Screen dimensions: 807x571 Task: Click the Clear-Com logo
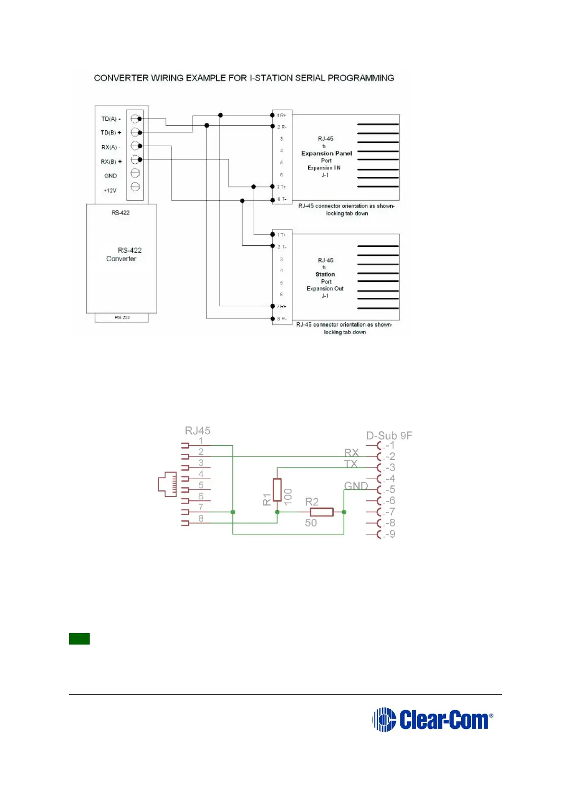pyautogui.click(x=432, y=719)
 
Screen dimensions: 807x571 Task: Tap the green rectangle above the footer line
pyautogui.click(x=79, y=639)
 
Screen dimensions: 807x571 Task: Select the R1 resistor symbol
pyautogui.click(x=277, y=490)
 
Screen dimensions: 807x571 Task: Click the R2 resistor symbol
pyautogui.click(x=322, y=512)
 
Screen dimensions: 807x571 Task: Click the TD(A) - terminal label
pyautogui.click(x=111, y=119)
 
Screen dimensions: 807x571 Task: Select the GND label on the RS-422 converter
pyautogui.click(x=111, y=176)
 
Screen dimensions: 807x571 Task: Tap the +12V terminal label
pyautogui.click(x=110, y=191)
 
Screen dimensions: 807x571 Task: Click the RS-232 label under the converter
pyautogui.click(x=122, y=317)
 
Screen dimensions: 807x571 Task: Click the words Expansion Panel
pyautogui.click(x=326, y=153)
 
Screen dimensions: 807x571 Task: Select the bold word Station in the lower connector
pyautogui.click(x=325, y=275)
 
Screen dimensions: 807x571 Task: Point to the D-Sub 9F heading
pyautogui.click(x=389, y=436)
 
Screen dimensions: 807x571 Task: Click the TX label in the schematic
pyautogui.click(x=351, y=464)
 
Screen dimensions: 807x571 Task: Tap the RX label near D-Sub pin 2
pyautogui.click(x=351, y=453)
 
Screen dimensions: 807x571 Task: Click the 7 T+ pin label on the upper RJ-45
pyautogui.click(x=281, y=187)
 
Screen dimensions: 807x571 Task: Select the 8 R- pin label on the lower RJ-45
pyautogui.click(x=281, y=319)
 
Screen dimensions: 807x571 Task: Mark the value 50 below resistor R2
pyautogui.click(x=311, y=523)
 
